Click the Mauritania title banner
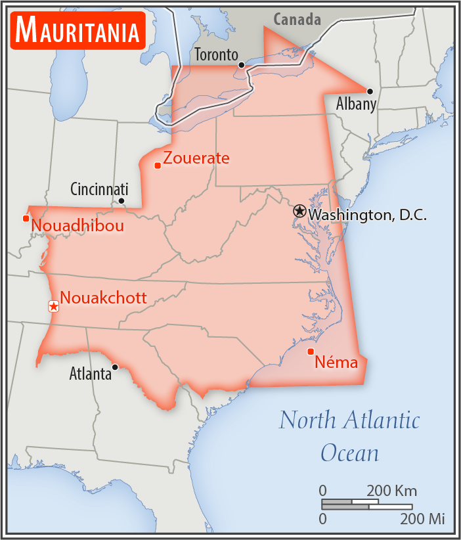click(77, 30)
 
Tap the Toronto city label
click(215, 55)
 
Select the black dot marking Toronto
click(242, 65)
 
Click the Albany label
click(356, 104)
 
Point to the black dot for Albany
click(370, 91)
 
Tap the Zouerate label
click(196, 158)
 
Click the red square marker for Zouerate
click(157, 165)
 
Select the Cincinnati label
click(99, 189)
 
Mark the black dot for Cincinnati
click(121, 201)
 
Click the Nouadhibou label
click(77, 226)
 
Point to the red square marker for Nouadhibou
click(26, 218)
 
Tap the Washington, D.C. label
click(368, 214)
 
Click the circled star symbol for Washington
click(299, 211)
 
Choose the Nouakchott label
click(103, 298)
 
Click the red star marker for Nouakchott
click(54, 306)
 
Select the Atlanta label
click(91, 374)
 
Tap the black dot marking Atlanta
click(116, 367)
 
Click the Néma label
click(336, 361)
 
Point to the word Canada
click(297, 20)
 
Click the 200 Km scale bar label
click(391, 491)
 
